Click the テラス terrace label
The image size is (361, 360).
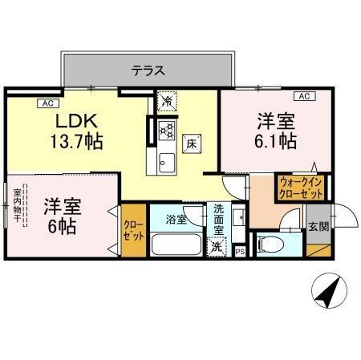click(148, 71)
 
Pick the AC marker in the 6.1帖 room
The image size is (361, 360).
click(304, 97)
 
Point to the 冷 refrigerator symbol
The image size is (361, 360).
click(166, 101)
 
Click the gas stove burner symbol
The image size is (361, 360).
click(167, 130)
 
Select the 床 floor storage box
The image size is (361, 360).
click(193, 144)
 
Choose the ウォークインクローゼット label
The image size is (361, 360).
click(301, 188)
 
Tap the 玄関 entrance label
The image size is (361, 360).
click(318, 227)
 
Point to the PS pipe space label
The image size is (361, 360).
click(240, 252)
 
